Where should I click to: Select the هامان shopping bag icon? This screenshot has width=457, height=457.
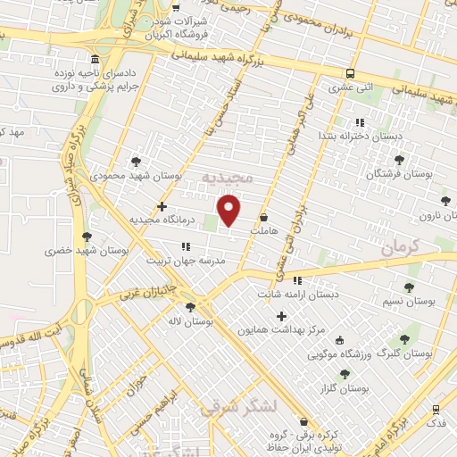(263, 217)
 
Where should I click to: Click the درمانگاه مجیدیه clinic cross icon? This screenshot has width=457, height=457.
(162, 206)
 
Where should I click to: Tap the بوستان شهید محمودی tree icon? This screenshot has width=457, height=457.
(135, 162)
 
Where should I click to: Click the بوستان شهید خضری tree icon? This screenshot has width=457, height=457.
(87, 237)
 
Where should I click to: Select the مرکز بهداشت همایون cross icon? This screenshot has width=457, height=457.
(282, 316)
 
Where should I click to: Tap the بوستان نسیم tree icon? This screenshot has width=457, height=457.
(409, 287)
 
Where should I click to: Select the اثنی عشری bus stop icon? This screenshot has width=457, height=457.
(350, 73)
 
